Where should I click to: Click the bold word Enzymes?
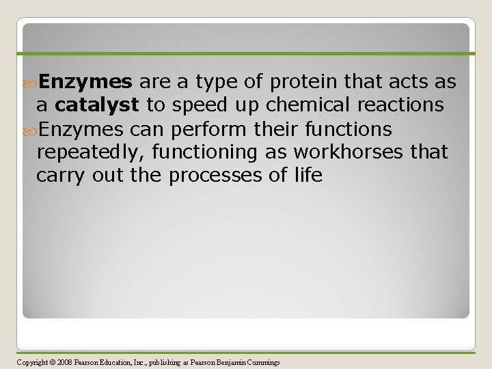click(x=85, y=83)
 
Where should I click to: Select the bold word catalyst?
click(x=98, y=106)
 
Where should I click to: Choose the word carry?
click(x=59, y=176)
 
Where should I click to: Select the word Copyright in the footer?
click(x=31, y=362)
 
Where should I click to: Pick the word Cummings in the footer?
click(x=265, y=362)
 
